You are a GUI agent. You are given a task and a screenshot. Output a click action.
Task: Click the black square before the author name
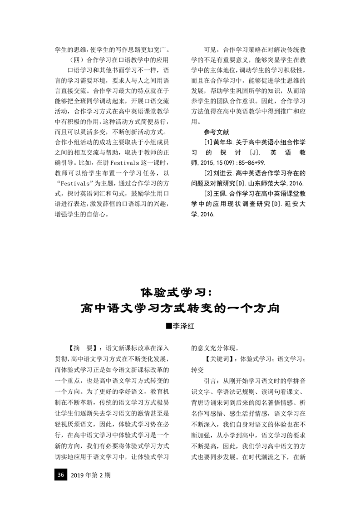[x=169, y=325]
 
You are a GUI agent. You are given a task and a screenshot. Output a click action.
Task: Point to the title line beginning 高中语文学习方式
[x=180, y=308]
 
